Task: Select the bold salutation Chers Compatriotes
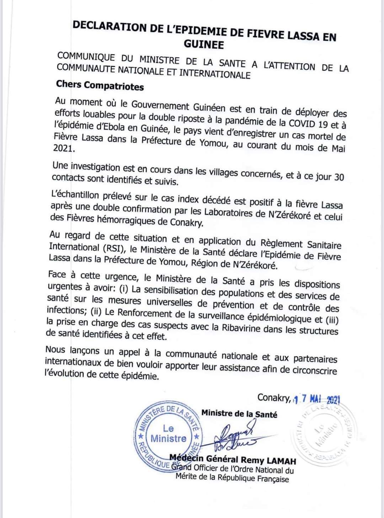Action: [x=100, y=86]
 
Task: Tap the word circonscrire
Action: [x=315, y=370]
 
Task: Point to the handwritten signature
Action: [x=233, y=437]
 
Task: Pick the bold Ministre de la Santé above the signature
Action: [x=239, y=414]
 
